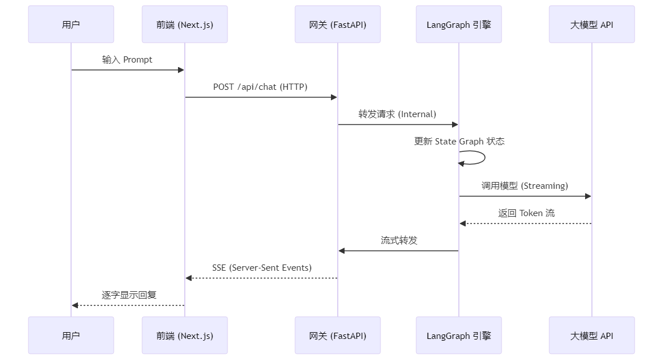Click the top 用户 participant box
click(71, 24)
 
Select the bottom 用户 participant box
click(71, 336)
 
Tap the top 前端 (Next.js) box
click(185, 24)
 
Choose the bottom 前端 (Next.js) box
click(185, 336)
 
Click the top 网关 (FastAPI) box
click(337, 24)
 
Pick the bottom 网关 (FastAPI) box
click(337, 336)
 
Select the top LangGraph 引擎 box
click(459, 24)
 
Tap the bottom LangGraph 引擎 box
click(459, 336)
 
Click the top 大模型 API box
click(592, 24)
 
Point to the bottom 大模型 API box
click(592, 336)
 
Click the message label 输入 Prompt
click(127, 60)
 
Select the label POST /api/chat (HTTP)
click(260, 87)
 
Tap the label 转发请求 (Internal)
click(397, 114)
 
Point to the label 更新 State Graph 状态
click(459, 142)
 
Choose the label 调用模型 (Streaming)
click(525, 186)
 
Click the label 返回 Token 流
click(526, 213)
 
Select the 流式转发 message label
click(399, 241)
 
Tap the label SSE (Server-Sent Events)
click(262, 268)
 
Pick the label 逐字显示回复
click(129, 295)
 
